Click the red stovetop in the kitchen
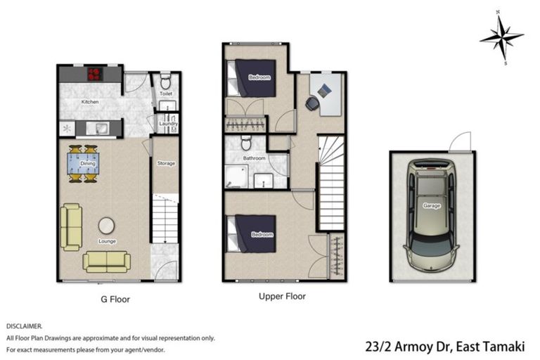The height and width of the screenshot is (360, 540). click(95, 74)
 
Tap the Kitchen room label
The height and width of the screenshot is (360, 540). click(90, 102)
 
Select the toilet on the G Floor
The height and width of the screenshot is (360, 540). click(166, 82)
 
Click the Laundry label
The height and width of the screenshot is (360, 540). click(169, 123)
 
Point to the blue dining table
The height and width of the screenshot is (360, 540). click(83, 163)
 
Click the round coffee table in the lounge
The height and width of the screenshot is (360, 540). click(106, 226)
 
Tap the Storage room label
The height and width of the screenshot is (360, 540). click(166, 163)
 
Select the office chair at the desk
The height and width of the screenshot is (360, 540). click(313, 103)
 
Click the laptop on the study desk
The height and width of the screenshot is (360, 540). click(324, 91)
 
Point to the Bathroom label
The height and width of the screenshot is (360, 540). click(254, 158)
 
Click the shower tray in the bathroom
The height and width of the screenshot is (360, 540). click(236, 176)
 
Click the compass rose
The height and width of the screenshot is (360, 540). click(501, 37)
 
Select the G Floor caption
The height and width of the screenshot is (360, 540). click(115, 299)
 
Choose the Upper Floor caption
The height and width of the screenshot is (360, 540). click(282, 296)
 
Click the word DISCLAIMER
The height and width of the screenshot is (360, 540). click(24, 326)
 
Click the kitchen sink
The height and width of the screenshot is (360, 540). click(98, 129)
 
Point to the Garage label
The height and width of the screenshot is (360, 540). click(432, 206)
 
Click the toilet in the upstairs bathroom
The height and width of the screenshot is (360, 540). click(246, 142)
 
